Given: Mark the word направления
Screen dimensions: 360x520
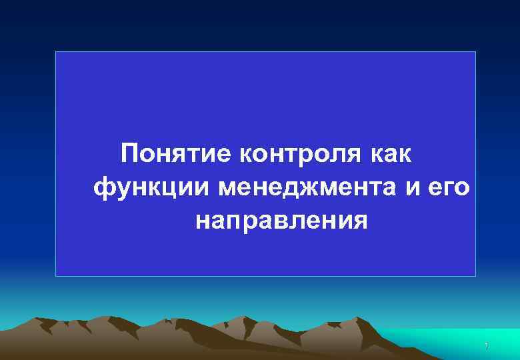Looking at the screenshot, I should point(281,220).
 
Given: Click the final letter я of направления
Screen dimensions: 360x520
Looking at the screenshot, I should point(359,221).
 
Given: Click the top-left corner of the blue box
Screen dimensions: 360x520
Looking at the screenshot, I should point(56,52).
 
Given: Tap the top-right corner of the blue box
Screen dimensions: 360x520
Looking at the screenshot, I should point(475,52).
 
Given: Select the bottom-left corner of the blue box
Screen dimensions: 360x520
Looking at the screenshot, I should point(56,275).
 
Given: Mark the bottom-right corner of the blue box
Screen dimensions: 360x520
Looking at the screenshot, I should point(475,275).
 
